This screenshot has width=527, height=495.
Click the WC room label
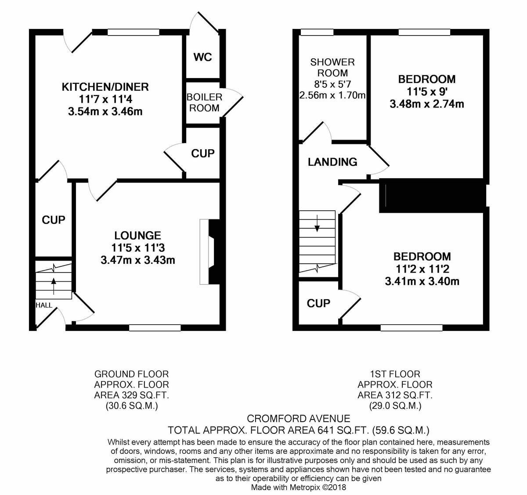pyautogui.click(x=202, y=57)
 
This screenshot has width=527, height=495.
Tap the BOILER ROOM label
pyautogui.click(x=204, y=102)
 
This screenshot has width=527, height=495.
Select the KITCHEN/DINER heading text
pyautogui.click(x=105, y=87)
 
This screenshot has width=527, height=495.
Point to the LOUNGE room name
pyautogui.click(x=138, y=236)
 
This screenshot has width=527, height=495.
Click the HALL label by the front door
pyautogui.click(x=44, y=305)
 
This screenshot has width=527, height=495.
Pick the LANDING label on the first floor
pyautogui.click(x=332, y=162)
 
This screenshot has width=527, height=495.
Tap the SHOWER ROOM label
pyautogui.click(x=332, y=68)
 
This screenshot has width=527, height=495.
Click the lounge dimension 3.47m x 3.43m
pyautogui.click(x=138, y=260)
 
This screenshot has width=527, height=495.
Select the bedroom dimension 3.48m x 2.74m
pyautogui.click(x=426, y=104)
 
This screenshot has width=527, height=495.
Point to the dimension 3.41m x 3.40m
pyautogui.click(x=422, y=281)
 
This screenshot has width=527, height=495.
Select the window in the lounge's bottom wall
pyautogui.click(x=155, y=327)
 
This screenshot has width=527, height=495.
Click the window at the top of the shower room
pyautogui.click(x=317, y=32)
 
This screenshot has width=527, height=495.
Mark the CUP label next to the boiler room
pyautogui.click(x=203, y=154)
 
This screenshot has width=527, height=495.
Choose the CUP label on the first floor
pyautogui.click(x=318, y=303)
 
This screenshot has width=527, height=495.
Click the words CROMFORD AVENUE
pyautogui.click(x=299, y=419)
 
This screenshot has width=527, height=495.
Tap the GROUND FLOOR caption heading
pyautogui.click(x=132, y=374)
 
